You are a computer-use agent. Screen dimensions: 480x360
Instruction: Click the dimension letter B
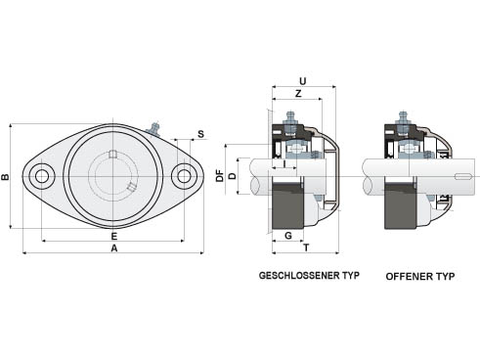5,177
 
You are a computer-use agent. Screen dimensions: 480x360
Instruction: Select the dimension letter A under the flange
113,248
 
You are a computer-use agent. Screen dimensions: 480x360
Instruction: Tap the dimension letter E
113,236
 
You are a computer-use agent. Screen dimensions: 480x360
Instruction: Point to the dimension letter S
200,134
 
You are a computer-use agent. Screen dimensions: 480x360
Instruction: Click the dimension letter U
303,81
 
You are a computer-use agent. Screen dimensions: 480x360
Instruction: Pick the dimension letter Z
298,94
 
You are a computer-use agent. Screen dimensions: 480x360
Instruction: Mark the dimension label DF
221,176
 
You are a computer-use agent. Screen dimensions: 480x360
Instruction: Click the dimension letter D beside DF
233,176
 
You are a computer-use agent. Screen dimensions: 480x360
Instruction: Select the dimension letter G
288,236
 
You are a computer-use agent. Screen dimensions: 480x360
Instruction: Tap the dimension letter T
306,248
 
